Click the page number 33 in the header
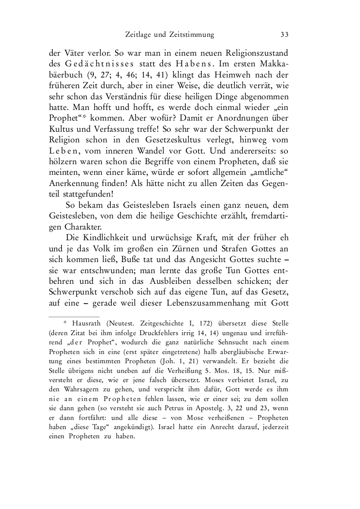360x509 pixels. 284,34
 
